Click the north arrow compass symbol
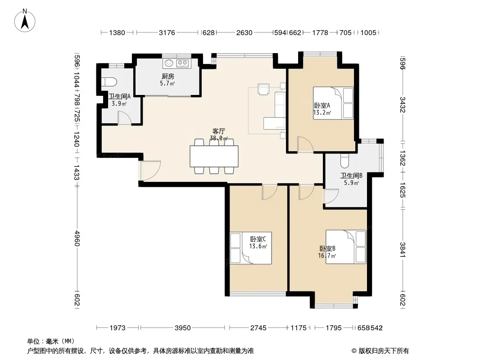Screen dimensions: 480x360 click(x=25, y=20)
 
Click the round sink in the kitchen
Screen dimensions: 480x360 click(x=169, y=63)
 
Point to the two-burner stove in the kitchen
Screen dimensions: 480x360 click(x=183, y=63)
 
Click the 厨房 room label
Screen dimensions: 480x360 click(x=168, y=76)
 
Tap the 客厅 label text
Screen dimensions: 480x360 click(x=218, y=131)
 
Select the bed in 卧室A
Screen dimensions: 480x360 click(x=333, y=103)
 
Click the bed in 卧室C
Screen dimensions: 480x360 click(x=251, y=248)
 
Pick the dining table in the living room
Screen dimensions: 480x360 click(x=214, y=156)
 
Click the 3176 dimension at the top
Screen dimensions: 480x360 click(x=167, y=32)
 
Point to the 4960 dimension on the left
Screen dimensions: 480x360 click(x=77, y=238)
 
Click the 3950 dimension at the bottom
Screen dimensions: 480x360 click(x=182, y=328)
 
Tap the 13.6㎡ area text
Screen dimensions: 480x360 click(x=258, y=246)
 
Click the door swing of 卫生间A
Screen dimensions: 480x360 click(x=125, y=118)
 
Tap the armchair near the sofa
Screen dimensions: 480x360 click(x=263, y=89)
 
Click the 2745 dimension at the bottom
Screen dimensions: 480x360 click(x=258, y=328)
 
